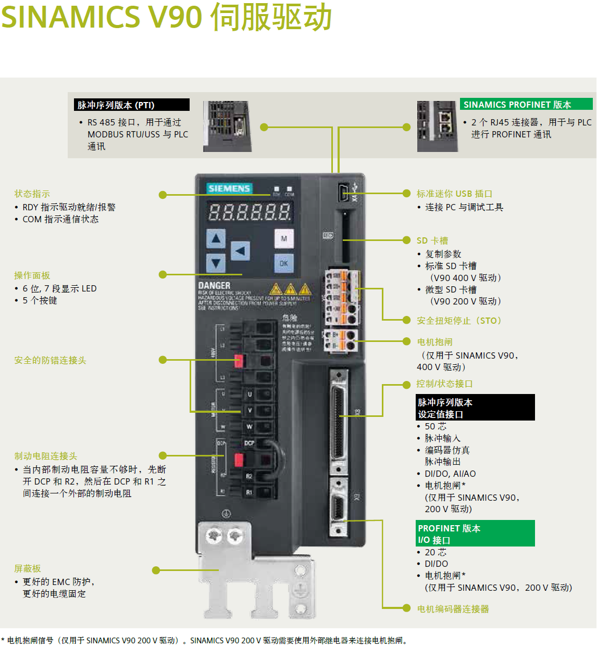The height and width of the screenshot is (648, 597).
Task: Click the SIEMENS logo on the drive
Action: point(229,188)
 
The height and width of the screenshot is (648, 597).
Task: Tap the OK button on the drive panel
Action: point(283,263)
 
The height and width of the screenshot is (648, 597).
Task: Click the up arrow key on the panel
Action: point(216,239)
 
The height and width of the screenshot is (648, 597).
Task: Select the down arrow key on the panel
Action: point(216,263)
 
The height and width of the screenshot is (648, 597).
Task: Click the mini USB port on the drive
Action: point(343,193)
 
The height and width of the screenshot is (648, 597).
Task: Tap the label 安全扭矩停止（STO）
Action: point(458,321)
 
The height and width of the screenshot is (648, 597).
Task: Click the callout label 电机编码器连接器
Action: point(453,609)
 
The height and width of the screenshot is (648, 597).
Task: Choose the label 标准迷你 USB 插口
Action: point(454,194)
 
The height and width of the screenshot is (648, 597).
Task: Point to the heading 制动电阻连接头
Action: point(46,456)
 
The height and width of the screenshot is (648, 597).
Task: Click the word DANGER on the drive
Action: point(214,286)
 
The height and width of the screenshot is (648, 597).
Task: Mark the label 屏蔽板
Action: point(28,568)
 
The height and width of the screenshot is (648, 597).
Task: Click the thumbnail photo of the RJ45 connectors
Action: point(437,126)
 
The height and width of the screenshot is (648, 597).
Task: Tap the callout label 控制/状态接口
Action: point(444,384)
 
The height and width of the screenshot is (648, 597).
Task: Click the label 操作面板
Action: point(32,275)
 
